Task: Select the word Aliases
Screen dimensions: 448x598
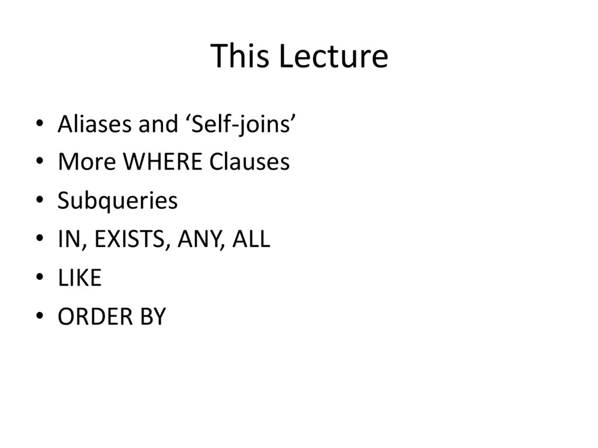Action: pyautogui.click(x=94, y=124)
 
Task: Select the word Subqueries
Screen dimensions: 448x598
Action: pyautogui.click(x=117, y=202)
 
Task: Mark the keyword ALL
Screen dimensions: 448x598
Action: pyautogui.click(x=251, y=239)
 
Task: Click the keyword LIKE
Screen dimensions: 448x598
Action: pyautogui.click(x=79, y=278)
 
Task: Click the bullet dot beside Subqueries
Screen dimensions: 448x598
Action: pyautogui.click(x=39, y=202)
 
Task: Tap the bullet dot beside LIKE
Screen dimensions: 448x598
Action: pyautogui.click(x=39, y=279)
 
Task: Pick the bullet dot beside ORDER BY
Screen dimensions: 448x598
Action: pyautogui.click(x=39, y=317)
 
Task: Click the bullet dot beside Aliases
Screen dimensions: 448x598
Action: pyautogui.click(x=39, y=124)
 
